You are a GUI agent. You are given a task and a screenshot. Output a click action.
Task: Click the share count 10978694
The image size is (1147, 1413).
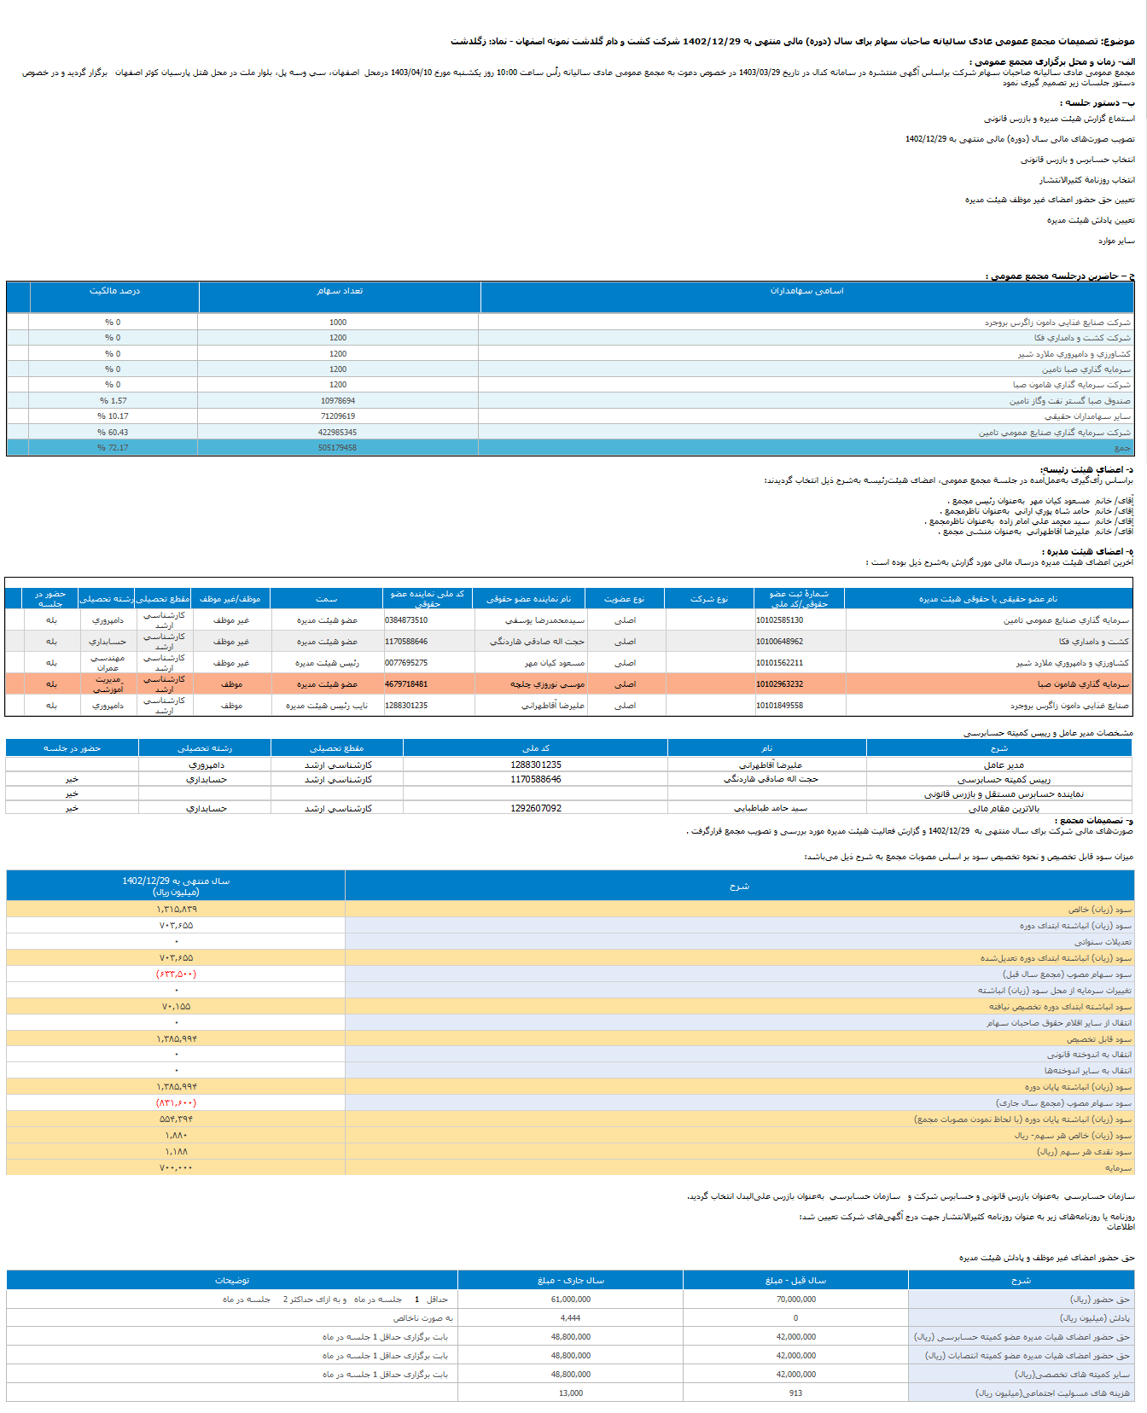(x=338, y=400)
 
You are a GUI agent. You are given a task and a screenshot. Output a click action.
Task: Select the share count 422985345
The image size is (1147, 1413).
(x=338, y=433)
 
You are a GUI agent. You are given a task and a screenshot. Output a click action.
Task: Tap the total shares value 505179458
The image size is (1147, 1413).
(x=338, y=448)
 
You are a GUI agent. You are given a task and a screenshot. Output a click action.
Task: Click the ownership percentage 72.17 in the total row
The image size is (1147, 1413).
(x=114, y=448)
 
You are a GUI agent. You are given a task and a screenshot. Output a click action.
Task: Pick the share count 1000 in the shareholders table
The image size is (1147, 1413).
(x=338, y=323)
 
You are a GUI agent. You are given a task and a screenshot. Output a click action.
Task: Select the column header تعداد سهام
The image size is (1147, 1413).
(x=340, y=291)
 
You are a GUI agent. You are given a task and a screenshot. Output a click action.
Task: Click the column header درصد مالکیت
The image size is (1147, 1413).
(x=114, y=291)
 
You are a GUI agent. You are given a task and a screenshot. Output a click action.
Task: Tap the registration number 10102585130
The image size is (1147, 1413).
(x=779, y=620)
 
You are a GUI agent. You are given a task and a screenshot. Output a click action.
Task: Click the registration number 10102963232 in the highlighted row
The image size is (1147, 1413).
(x=779, y=684)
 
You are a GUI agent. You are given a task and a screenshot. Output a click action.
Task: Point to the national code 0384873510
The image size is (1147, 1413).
(x=406, y=620)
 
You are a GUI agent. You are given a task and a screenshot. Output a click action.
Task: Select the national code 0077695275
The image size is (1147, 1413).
(x=406, y=663)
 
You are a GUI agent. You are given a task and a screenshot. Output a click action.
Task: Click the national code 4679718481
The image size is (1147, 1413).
(x=406, y=684)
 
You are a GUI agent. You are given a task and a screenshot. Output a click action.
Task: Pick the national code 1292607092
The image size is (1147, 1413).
(x=536, y=808)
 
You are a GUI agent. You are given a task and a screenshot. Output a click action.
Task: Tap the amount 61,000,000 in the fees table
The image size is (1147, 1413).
(x=571, y=1300)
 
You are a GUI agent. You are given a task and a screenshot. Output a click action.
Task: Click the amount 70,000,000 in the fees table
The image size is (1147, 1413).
(x=796, y=1300)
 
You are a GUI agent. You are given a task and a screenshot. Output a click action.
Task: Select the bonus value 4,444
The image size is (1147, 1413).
(x=571, y=1318)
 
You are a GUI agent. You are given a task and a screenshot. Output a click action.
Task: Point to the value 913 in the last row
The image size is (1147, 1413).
(x=796, y=1393)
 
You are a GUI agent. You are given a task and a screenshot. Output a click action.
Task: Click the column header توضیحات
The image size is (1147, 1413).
(x=232, y=1281)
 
